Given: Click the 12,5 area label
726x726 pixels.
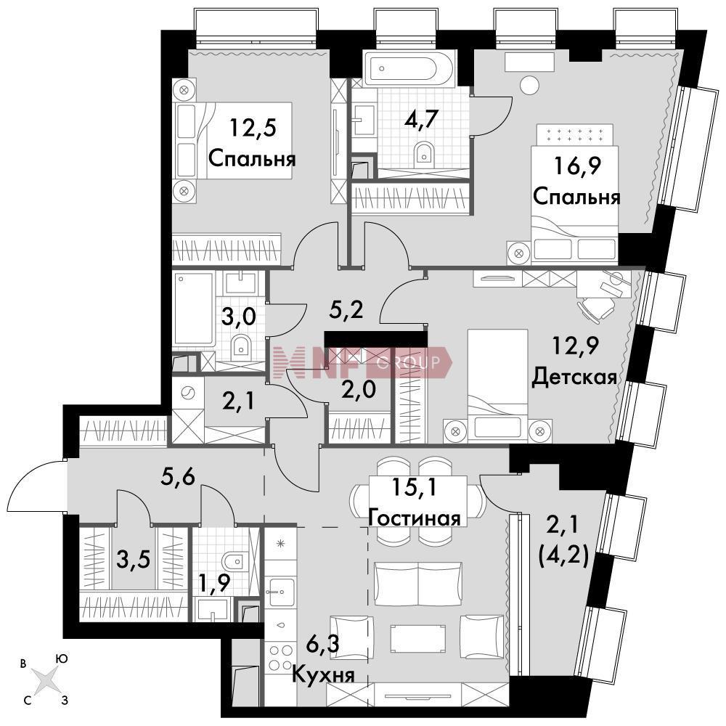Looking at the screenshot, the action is [253, 127].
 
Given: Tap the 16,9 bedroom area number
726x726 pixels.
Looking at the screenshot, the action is [577, 166].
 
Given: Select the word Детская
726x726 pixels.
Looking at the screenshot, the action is [574, 378].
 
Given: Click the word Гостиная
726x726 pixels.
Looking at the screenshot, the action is [415, 518].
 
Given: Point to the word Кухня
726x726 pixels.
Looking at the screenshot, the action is [323, 674].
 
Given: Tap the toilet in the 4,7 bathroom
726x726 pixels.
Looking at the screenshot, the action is [424, 153].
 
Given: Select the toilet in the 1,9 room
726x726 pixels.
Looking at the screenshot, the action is [233, 562].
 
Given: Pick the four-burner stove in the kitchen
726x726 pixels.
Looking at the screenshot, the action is [280, 657].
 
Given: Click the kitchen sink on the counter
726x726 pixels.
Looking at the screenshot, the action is [280, 592].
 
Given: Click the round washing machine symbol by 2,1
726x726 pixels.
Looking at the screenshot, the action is [188, 393].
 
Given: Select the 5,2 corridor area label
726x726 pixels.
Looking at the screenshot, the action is [346, 309].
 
